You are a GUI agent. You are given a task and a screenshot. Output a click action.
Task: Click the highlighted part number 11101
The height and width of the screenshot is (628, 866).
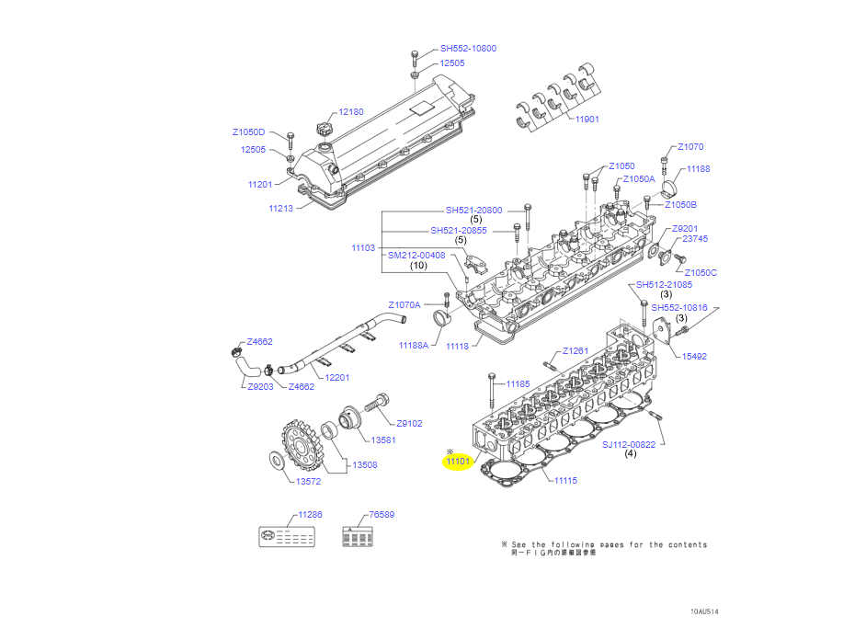[458, 462]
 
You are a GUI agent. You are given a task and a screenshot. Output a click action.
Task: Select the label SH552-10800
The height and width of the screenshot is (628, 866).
[468, 48]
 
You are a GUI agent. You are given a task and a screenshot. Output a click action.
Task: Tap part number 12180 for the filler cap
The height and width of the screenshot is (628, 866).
[351, 111]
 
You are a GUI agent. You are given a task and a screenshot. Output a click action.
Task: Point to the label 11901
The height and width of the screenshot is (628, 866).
[587, 120]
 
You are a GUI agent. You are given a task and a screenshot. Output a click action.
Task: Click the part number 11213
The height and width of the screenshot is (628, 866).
[280, 209]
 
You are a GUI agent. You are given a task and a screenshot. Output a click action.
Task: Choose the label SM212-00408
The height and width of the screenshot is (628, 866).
[416, 255]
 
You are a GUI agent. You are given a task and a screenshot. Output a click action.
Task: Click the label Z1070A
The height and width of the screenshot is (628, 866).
[404, 304]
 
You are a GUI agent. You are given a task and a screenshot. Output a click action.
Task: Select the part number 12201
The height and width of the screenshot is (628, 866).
[336, 377]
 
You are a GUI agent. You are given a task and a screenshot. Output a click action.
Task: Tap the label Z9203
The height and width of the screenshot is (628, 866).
[260, 387]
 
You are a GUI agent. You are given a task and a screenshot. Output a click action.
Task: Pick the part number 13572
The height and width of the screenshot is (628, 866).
[309, 481]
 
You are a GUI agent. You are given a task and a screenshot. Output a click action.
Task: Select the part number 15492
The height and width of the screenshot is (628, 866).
[694, 356]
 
